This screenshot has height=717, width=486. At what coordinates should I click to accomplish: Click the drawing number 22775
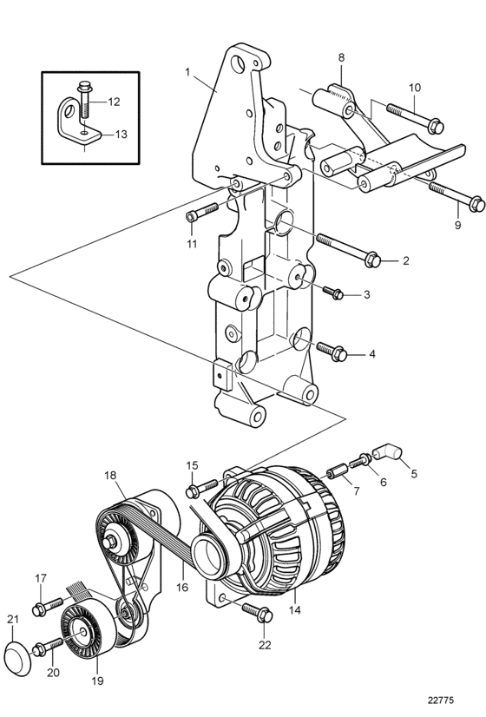tap(441, 700)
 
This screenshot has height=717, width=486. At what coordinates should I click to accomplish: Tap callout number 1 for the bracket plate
tap(187, 72)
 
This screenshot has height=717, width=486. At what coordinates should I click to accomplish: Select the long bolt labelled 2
tap(348, 249)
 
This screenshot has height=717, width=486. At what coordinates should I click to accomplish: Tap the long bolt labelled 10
tap(416, 116)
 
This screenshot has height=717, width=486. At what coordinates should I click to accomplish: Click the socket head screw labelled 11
tap(201, 212)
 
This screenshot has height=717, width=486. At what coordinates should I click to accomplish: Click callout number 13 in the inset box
tap(121, 135)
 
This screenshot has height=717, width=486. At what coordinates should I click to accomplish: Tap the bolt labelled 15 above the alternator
tap(201, 488)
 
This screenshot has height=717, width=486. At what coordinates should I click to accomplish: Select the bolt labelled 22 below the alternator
tap(258, 611)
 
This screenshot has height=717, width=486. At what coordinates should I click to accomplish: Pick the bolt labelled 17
tap(47, 606)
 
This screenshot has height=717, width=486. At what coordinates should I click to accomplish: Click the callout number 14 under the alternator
tap(295, 609)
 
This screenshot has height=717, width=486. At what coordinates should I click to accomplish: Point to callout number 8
tap(341, 57)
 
